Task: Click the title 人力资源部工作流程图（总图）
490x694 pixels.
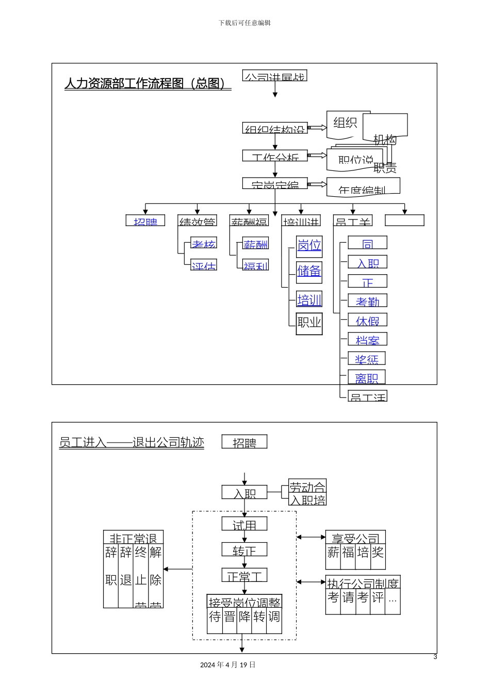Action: click(148, 84)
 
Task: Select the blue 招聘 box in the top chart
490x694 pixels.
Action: click(145, 220)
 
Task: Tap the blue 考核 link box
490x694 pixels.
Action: click(204, 243)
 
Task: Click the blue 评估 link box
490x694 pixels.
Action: click(204, 265)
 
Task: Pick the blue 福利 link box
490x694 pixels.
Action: click(256, 265)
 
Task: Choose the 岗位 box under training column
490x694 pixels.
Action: click(309, 246)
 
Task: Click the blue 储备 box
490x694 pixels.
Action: click(309, 271)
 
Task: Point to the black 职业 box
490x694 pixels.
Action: click(309, 324)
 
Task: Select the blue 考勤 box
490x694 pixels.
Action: click(367, 301)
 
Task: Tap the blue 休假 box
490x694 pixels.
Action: click(367, 320)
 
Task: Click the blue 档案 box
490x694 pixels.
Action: click(367, 339)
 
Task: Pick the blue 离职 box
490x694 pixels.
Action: click(367, 377)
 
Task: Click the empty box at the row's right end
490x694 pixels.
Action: click(404, 220)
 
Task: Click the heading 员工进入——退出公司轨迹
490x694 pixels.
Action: click(132, 443)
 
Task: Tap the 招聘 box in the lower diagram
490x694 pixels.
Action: click(244, 442)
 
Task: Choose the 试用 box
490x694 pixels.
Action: click(244, 524)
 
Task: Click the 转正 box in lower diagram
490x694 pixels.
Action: click(244, 550)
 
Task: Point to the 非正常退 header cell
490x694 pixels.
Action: click(133, 538)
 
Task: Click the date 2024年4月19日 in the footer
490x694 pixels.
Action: click(227, 665)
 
